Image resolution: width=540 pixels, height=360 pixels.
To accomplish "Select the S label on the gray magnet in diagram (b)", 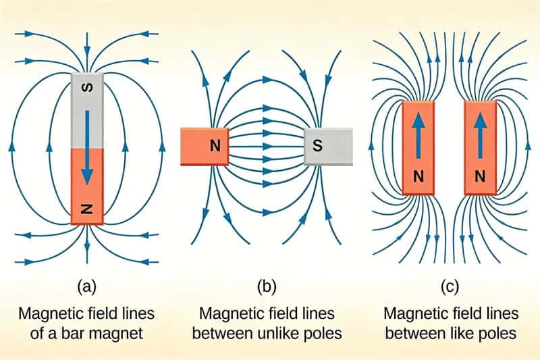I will pos(318,145).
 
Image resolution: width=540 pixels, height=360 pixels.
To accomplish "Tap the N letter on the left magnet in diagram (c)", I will pos(418,177).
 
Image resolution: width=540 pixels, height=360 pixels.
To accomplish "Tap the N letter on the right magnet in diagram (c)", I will pos(480,177).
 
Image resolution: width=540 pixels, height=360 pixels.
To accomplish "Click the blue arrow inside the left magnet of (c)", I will pos(418,135).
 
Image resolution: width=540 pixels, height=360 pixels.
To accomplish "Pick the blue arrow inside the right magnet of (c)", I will pos(480,135).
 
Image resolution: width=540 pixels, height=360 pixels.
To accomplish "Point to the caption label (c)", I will pos(450,287).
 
